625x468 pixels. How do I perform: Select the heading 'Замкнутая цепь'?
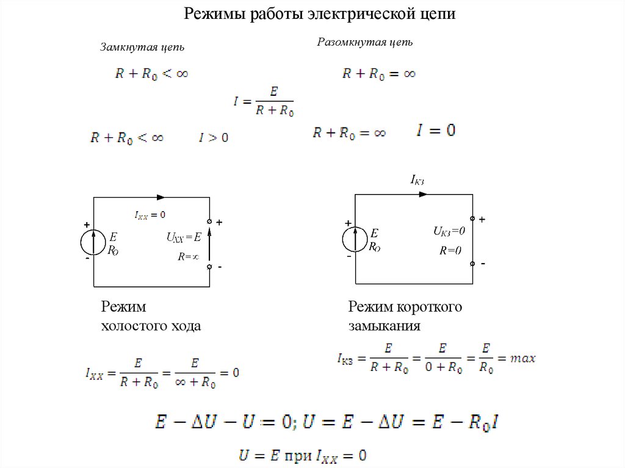pos(142,48)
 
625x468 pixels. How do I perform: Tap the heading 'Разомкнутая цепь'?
pos(365,42)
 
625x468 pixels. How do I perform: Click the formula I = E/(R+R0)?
pos(263,101)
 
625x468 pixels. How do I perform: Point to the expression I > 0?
pos(214,138)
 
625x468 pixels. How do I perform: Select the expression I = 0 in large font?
pos(436,131)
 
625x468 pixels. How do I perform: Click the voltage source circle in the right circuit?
pos(355,239)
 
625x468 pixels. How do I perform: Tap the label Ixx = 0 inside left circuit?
pos(150,215)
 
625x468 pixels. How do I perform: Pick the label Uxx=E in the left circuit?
pos(184,237)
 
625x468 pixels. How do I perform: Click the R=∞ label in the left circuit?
pos(189,257)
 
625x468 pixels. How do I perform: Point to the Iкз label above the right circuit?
pos(417,179)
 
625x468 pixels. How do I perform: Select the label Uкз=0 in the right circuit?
pos(449,231)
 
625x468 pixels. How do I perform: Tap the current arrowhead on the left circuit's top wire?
pos(161,197)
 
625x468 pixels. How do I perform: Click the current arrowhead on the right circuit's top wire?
pos(422,195)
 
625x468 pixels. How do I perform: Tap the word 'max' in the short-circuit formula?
pos(524,359)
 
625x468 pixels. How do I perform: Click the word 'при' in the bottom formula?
pos(300,455)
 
